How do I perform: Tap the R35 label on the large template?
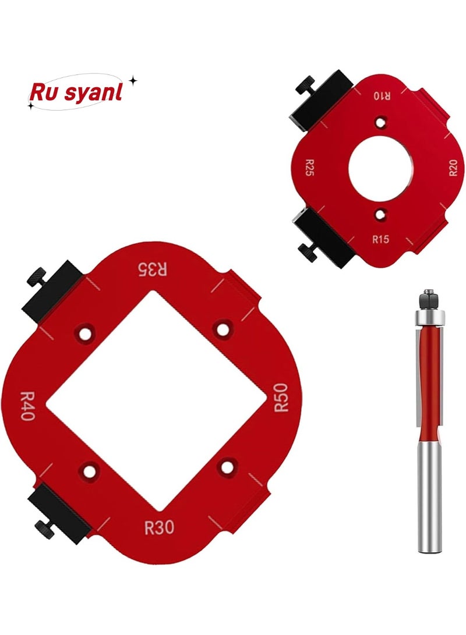[x=152, y=269]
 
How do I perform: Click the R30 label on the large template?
[x=159, y=528]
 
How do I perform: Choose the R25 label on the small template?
[x=310, y=169]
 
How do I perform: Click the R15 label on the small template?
[x=380, y=239]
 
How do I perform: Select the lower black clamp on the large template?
[x=58, y=512]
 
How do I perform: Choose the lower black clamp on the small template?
[x=323, y=236]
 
